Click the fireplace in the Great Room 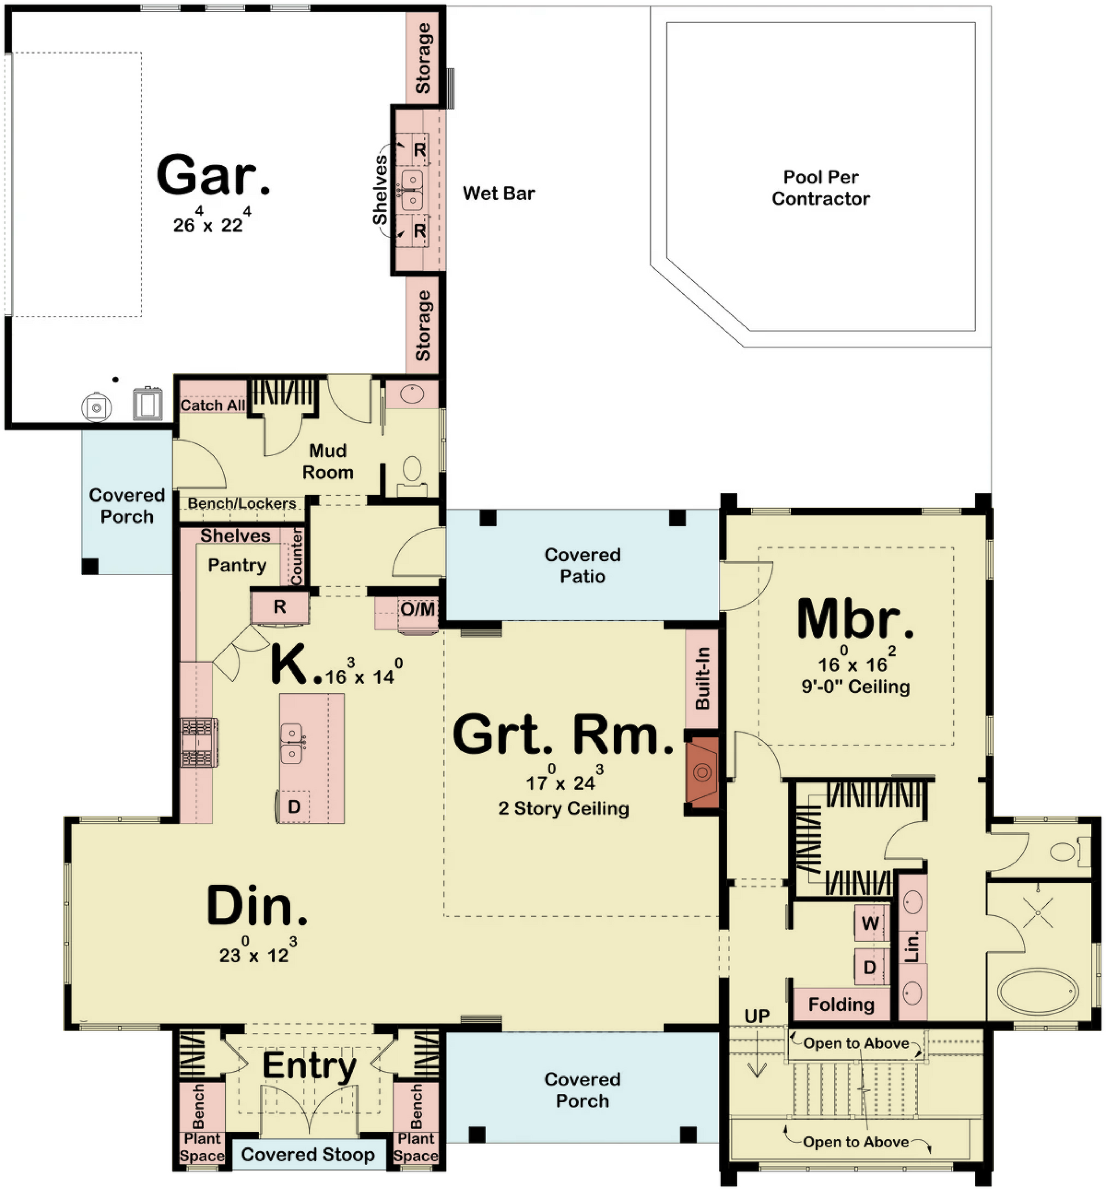pos(702,773)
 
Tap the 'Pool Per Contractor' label pos(820,188)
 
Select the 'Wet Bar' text pos(498,193)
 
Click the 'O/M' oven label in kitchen pos(417,609)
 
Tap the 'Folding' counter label pos(841,1004)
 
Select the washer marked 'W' pos(870,923)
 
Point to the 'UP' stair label pos(757,1016)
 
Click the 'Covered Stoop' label pos(308,1154)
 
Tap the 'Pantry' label pos(237,565)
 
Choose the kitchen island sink pos(292,743)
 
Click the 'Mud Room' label pos(327,461)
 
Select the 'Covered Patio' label pos(582,565)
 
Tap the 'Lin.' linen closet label pos(912,948)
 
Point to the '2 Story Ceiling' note pos(564,808)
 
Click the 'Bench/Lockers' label pos(242,503)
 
